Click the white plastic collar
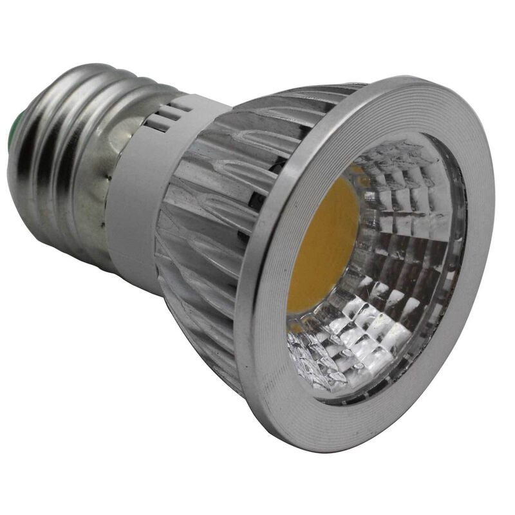[x=138, y=212]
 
